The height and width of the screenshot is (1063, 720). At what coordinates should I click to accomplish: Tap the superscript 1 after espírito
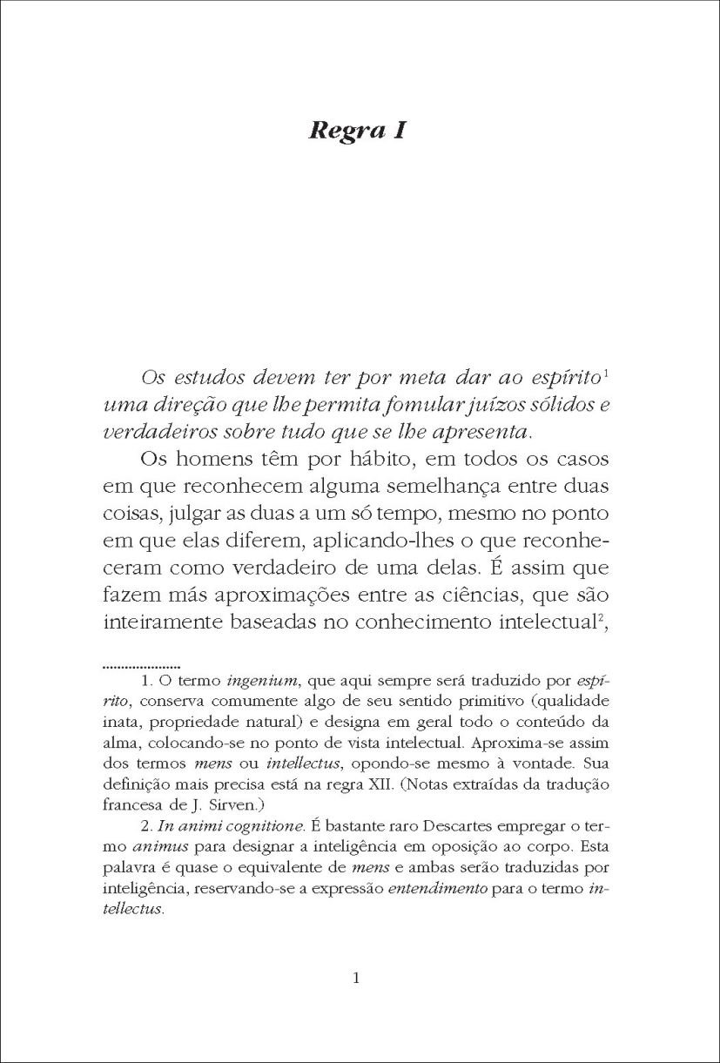605,375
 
